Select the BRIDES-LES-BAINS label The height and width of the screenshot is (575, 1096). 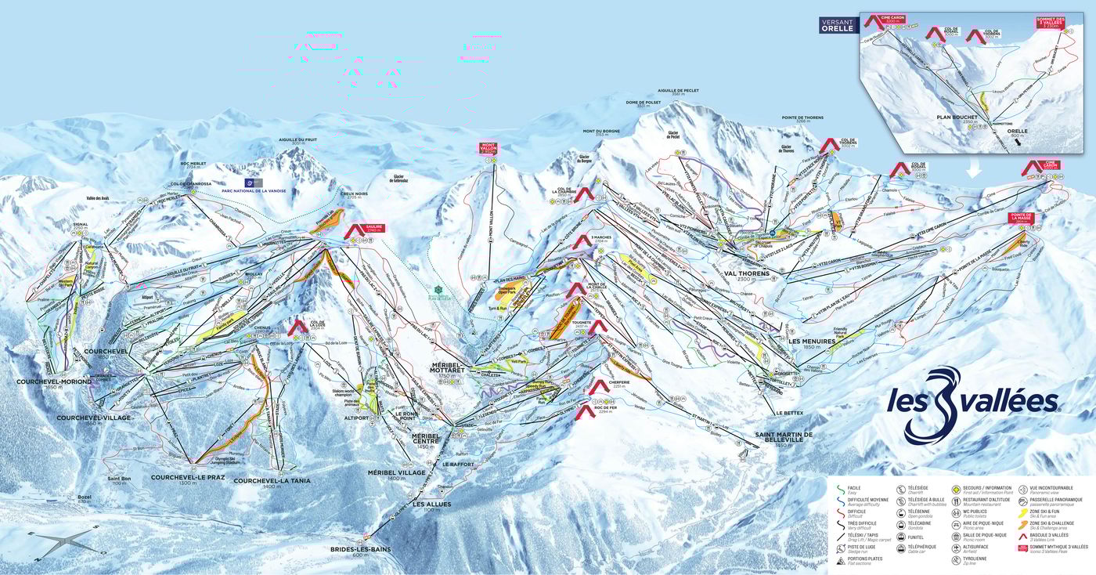point(360,550)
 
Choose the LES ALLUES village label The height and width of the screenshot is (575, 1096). point(432,504)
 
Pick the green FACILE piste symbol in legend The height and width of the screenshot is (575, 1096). point(838,489)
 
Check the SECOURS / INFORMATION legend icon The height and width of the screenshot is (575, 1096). point(957,489)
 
